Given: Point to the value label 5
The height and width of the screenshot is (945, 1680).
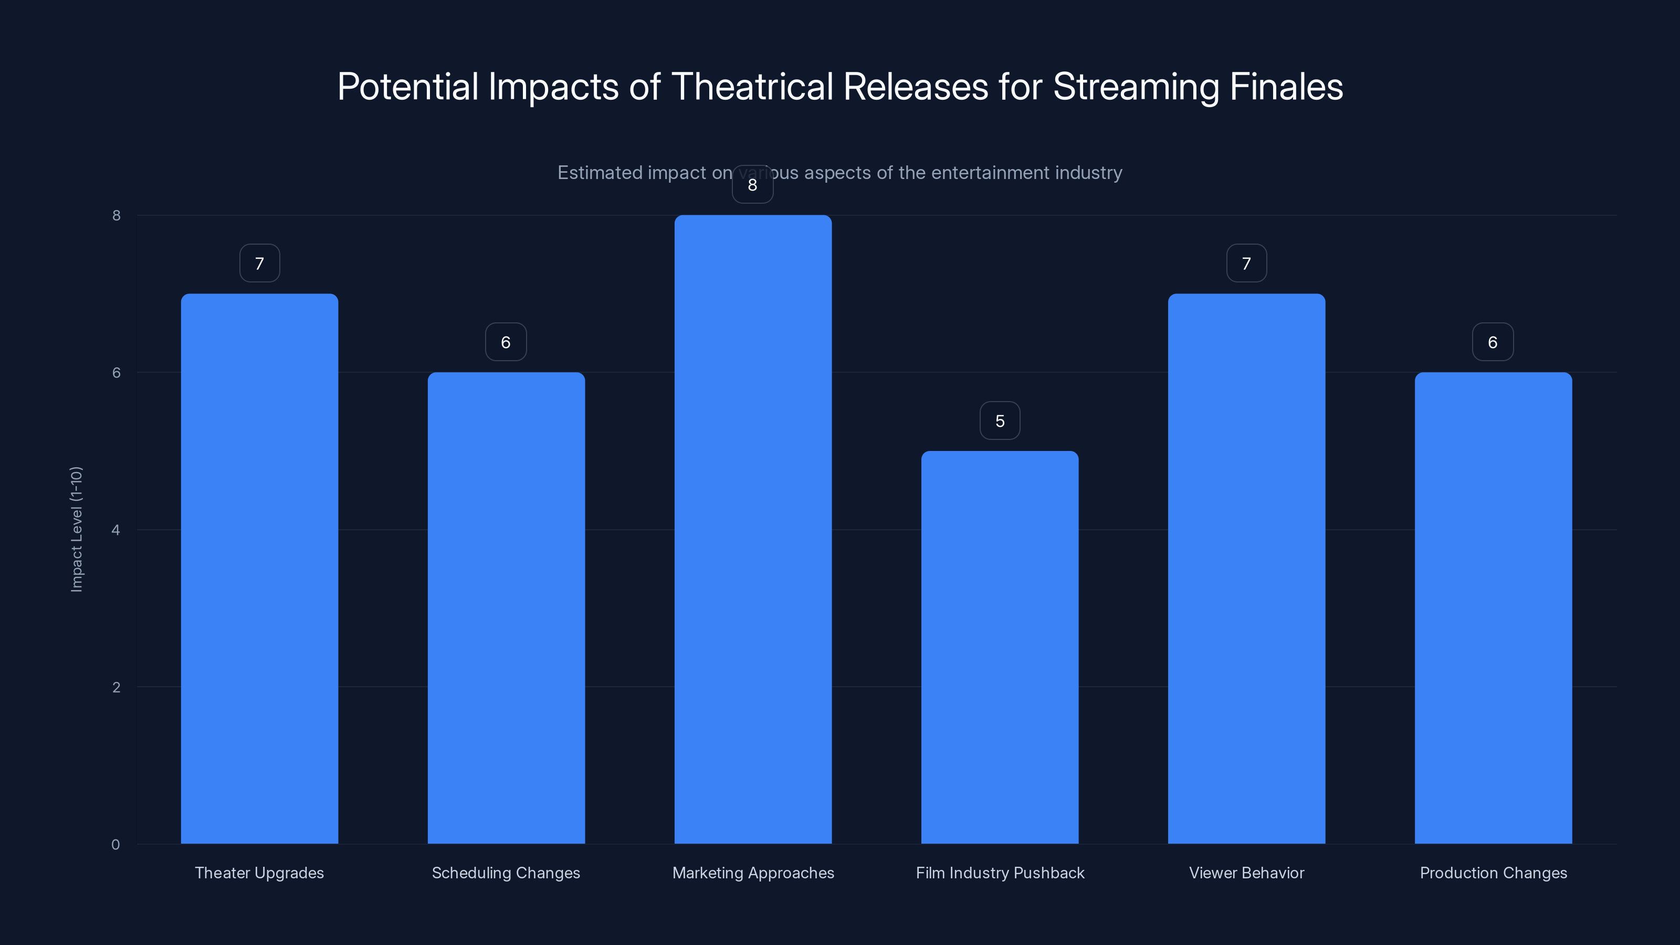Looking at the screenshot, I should (999, 421).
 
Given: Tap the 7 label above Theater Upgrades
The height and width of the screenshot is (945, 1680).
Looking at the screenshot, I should (259, 264).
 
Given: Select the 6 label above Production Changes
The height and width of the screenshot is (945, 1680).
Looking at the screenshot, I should (1492, 342).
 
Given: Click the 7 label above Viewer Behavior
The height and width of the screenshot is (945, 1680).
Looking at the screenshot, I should (1246, 264).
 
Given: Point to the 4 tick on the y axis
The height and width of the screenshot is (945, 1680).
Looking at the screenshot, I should (116, 530).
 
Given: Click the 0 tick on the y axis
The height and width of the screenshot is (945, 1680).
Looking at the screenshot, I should (116, 845).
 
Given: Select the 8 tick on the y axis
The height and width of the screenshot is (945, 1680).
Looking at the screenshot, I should (116, 215).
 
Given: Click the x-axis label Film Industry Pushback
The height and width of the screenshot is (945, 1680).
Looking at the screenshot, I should (999, 873).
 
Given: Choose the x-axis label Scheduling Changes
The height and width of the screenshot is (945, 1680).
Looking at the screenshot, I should (506, 873).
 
